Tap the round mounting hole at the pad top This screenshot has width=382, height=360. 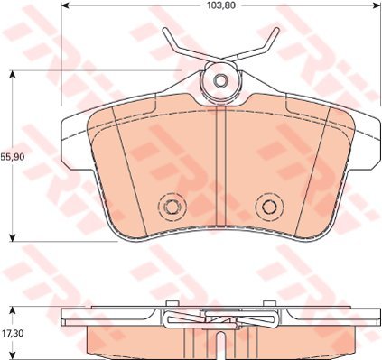pyautogui.click(x=220, y=80)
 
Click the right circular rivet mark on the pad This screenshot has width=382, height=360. pyautogui.click(x=268, y=207)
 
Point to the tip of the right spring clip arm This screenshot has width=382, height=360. pyautogui.click(x=275, y=32)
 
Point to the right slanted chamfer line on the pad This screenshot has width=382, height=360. pyautogui.click(x=313, y=171)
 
